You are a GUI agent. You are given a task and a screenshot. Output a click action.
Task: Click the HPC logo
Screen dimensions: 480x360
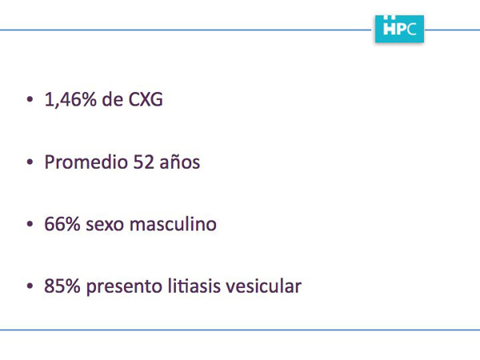(399, 29)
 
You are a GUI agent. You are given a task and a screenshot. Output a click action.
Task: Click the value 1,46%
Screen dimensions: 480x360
(70, 99)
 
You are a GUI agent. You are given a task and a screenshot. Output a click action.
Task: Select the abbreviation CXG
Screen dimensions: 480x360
(146, 100)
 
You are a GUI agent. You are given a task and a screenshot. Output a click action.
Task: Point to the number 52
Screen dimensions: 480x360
(143, 162)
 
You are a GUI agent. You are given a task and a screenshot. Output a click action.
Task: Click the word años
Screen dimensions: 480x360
(180, 162)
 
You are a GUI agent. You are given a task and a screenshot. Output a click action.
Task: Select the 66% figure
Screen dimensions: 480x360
(62, 224)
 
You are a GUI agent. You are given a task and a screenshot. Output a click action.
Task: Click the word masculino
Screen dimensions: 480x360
(173, 224)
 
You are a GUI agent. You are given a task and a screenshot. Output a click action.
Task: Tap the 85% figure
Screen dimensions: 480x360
(62, 286)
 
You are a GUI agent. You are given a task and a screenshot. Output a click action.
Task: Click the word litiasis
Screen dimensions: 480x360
(194, 286)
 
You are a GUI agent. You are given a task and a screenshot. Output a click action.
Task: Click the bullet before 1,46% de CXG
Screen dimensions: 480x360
(30, 100)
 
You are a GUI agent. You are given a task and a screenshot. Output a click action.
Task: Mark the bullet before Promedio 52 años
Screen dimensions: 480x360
(30, 162)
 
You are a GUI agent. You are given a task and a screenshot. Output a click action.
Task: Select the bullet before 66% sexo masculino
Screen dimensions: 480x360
(30, 224)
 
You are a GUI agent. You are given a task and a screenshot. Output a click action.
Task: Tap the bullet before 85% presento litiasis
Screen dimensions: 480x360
(30, 286)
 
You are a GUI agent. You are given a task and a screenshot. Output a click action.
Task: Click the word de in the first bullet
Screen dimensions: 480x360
(113, 99)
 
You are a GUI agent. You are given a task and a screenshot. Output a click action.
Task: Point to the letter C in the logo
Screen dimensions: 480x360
(412, 29)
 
